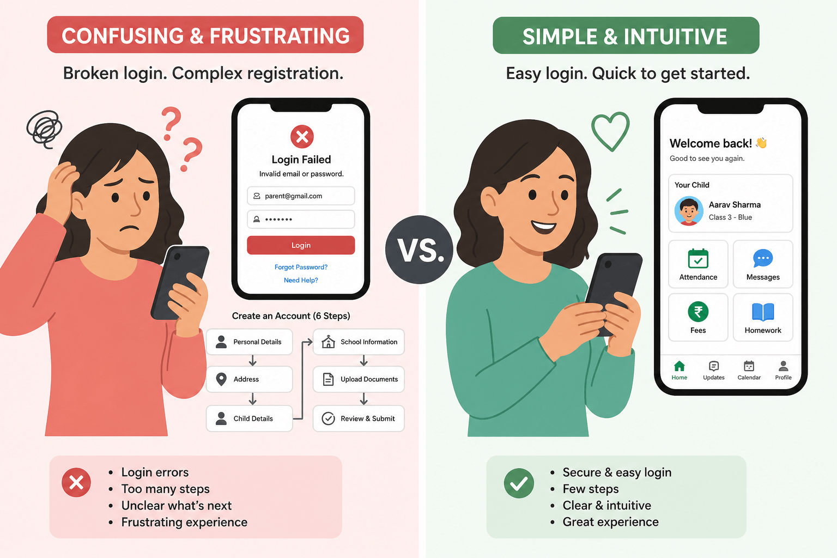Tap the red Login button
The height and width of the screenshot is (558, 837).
point(301,245)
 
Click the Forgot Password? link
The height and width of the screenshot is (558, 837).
point(301,267)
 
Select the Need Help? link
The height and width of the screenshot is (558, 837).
point(301,280)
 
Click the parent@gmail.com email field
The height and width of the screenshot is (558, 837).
point(301,196)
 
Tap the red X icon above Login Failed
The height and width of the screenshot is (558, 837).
point(302,136)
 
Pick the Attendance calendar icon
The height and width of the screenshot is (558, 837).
point(698,259)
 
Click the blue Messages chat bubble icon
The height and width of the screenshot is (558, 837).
point(763,258)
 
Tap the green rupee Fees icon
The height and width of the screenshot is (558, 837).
point(698,312)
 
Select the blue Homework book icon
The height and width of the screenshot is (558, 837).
point(763,312)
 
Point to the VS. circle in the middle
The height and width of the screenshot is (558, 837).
point(419,249)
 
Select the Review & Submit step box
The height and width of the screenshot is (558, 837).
point(359,418)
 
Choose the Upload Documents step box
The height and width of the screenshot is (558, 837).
point(359,379)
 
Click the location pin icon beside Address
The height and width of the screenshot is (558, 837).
point(221,379)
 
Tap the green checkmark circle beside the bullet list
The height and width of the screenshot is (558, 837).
point(519,483)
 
